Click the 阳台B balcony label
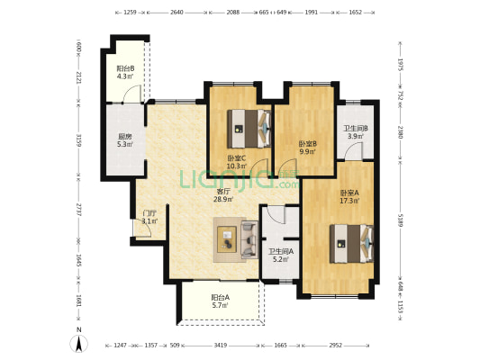(x=125, y=68)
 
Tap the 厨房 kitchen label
(x=125, y=137)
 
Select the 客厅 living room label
(x=223, y=192)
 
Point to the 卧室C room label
(x=236, y=158)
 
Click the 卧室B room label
(x=308, y=143)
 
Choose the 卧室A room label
(x=349, y=193)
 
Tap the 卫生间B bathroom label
(x=356, y=129)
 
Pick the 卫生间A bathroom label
(x=281, y=252)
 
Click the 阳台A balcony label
(x=221, y=297)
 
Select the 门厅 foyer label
(x=150, y=213)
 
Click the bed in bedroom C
(x=249, y=129)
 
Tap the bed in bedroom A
(x=351, y=244)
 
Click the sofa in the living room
(x=249, y=239)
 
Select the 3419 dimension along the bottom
(x=221, y=346)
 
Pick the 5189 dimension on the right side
(x=401, y=220)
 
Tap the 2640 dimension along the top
(x=177, y=13)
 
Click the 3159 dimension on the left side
(x=78, y=139)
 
